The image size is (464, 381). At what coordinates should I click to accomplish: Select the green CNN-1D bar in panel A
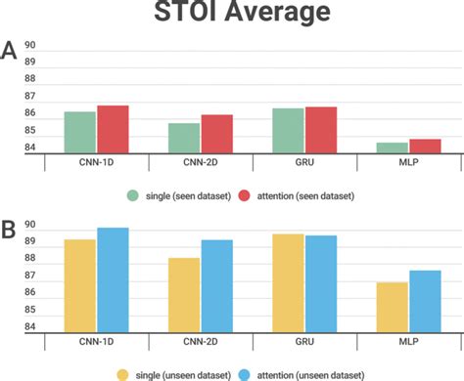[80, 132]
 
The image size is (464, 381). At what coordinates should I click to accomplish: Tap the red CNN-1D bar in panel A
[113, 129]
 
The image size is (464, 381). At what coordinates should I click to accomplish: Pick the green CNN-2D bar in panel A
[184, 138]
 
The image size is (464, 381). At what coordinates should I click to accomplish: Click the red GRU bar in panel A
[320, 130]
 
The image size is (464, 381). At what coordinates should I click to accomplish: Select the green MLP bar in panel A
[392, 148]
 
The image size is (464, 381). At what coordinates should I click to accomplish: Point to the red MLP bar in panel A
[424, 146]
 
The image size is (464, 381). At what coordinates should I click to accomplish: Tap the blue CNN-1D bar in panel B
[113, 280]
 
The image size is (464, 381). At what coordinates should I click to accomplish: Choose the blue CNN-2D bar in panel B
[216, 286]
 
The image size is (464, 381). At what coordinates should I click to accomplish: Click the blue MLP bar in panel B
[424, 302]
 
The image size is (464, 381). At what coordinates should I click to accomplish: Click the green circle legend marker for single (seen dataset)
[132, 195]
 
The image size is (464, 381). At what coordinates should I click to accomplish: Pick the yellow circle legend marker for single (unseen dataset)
[123, 373]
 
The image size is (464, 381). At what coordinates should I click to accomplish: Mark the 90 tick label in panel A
[30, 46]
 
